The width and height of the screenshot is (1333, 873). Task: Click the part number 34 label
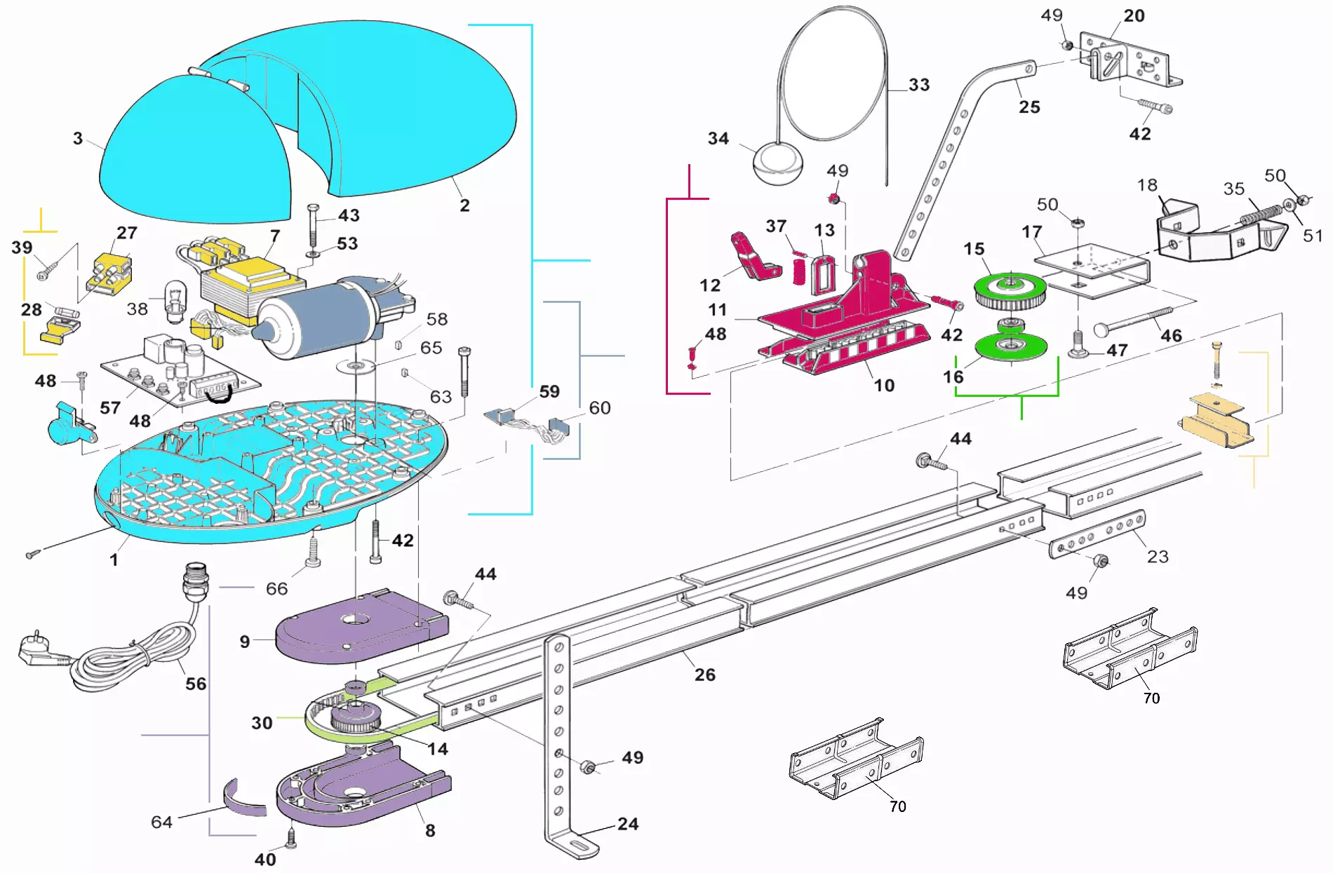tap(718, 138)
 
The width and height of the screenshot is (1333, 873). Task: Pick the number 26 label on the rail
tap(704, 675)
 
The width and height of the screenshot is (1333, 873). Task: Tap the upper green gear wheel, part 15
tap(1010, 290)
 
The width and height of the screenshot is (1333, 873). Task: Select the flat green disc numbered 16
tap(1010, 346)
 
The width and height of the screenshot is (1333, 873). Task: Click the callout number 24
tap(627, 824)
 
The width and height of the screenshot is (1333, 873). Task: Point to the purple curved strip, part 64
tap(245, 800)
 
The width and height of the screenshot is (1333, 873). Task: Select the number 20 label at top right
tap(1134, 15)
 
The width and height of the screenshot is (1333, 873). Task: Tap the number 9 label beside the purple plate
tap(244, 642)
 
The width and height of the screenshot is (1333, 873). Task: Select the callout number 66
tap(276, 588)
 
